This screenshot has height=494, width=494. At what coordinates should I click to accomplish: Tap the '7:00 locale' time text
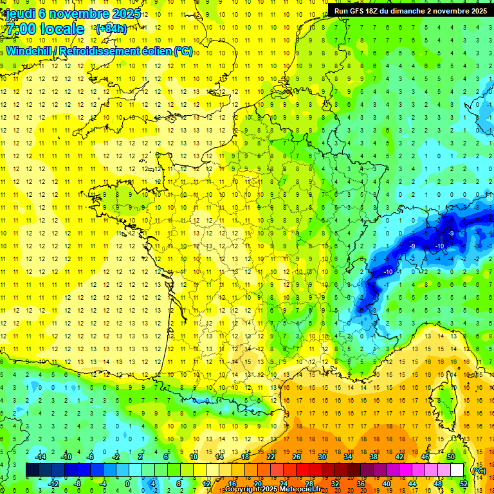[45, 29]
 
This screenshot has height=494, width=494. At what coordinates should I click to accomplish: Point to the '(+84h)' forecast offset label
[111, 28]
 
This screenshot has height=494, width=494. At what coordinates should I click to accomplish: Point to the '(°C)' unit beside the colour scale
[479, 471]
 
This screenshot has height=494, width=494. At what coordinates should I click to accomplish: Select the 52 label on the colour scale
[464, 484]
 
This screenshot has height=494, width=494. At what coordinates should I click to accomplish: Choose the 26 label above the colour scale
[297, 457]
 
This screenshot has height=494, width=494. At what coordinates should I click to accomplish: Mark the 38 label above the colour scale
[374, 457]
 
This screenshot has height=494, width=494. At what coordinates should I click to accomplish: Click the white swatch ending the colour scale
[457, 470]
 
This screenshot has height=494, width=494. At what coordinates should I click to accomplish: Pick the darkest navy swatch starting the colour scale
[32, 470]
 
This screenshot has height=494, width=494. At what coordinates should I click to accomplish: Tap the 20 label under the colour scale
[257, 484]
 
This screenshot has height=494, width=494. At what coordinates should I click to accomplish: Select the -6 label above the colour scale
[91, 457]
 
